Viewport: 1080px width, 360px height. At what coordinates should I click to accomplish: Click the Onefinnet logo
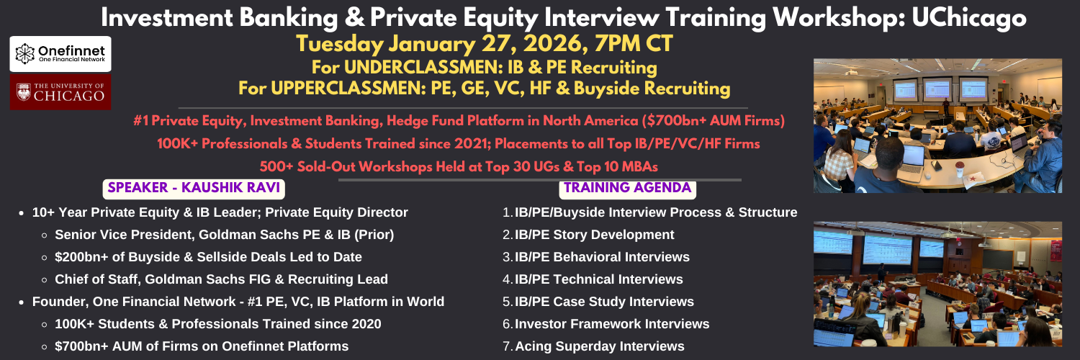(x=60, y=54)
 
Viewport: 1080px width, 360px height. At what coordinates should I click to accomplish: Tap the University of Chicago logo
(x=60, y=92)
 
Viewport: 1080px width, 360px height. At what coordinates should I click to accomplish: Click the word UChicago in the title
(x=969, y=18)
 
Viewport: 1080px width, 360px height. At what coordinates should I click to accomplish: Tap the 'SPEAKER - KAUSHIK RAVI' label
(x=194, y=188)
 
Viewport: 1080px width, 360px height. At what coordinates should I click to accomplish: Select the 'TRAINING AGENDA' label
(x=628, y=188)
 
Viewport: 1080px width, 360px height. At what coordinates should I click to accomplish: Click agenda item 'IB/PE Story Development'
(x=594, y=235)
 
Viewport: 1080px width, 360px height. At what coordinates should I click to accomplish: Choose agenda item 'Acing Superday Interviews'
(x=599, y=346)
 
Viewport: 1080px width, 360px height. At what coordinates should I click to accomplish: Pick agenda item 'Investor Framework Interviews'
(x=612, y=324)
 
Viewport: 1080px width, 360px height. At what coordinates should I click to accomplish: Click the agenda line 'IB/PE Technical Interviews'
(x=598, y=279)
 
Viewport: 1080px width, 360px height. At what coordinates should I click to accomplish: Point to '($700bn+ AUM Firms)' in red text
(x=713, y=121)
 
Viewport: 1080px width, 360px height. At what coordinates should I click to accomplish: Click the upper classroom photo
(x=937, y=126)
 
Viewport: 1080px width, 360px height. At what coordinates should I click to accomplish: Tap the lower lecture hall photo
(x=937, y=284)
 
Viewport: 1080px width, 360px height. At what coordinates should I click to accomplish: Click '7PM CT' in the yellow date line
(x=634, y=44)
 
